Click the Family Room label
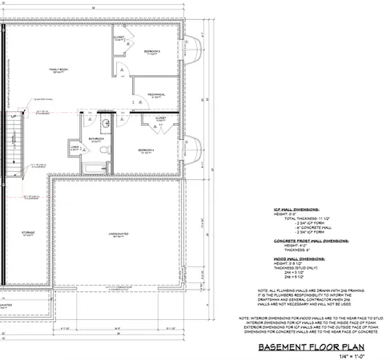tap(57, 70)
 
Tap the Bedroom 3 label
tap(152, 51)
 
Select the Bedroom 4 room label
tap(146, 150)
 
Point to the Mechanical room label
tap(156, 95)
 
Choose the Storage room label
tap(27, 234)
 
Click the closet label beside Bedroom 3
tap(119, 38)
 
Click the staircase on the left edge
tap(10, 144)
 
